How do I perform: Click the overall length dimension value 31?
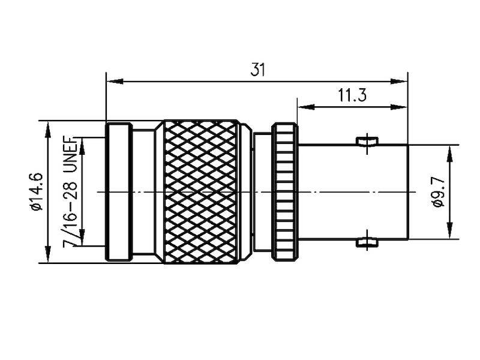(x=257, y=70)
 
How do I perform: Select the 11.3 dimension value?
(x=352, y=95)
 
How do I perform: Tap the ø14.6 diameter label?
(x=37, y=191)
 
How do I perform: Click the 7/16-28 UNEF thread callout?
(x=71, y=190)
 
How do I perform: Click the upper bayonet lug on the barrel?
(x=367, y=142)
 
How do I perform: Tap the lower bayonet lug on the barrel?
(x=367, y=242)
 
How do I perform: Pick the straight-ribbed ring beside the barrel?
(x=285, y=191)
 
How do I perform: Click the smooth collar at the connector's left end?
(x=119, y=191)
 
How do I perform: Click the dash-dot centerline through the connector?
(x=336, y=192)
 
